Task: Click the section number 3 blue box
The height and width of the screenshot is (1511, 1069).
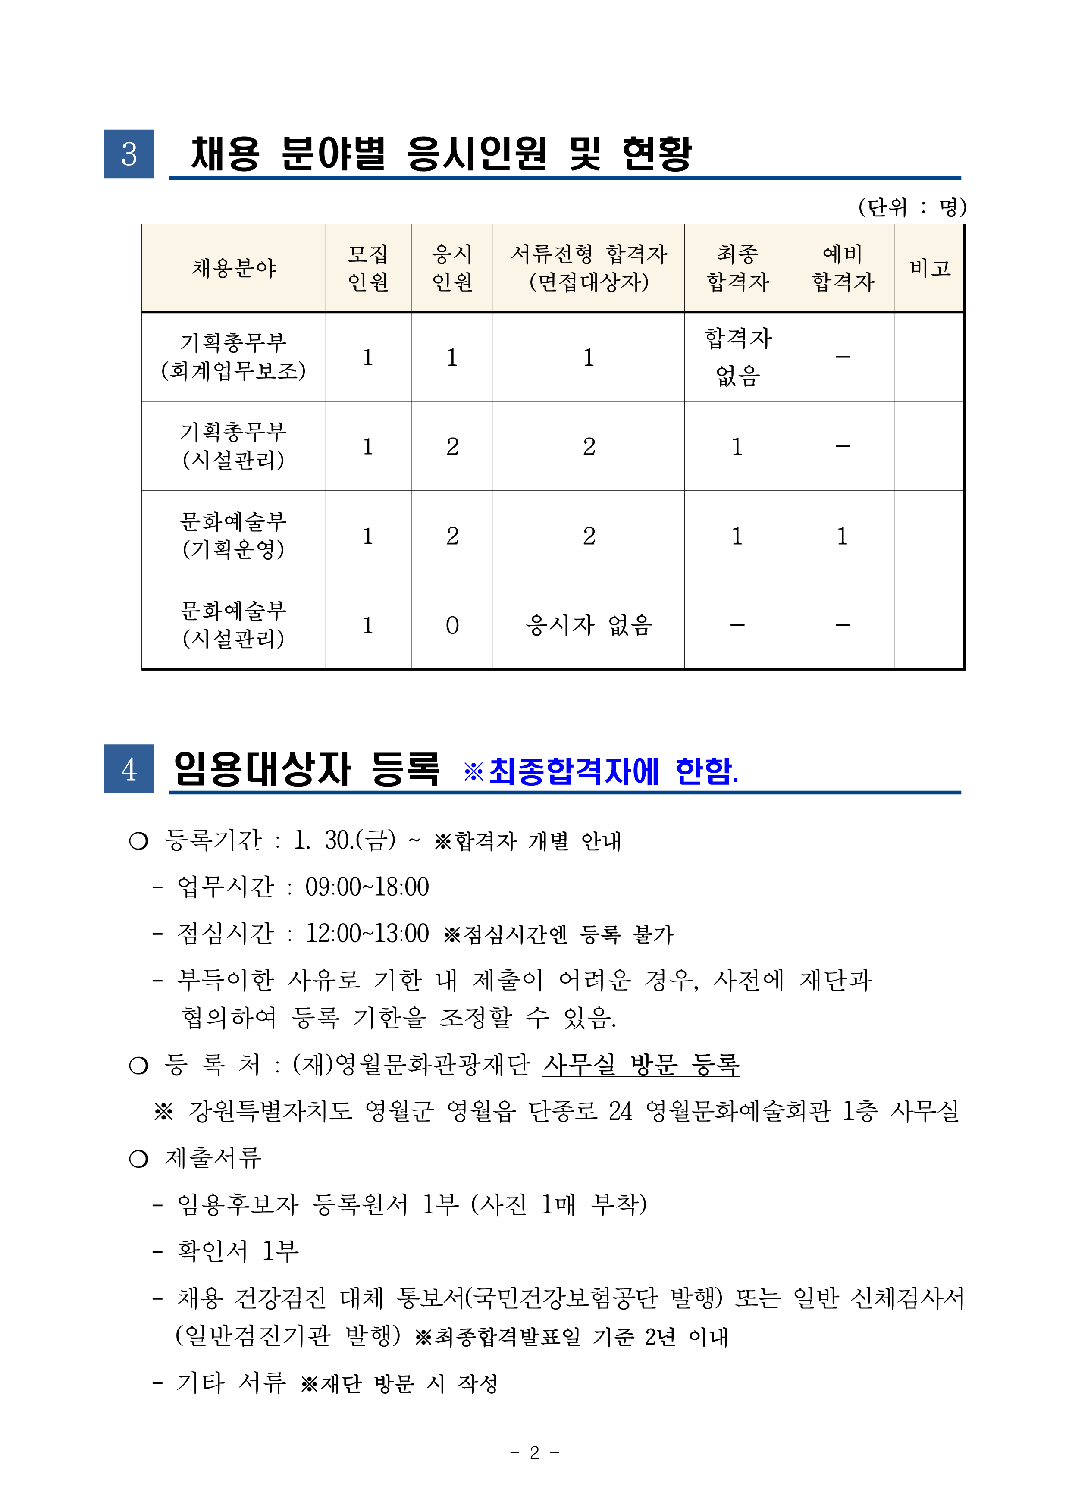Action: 129,154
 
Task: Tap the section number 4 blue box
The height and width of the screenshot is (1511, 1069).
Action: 129,769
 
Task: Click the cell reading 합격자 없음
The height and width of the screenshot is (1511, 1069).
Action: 737,357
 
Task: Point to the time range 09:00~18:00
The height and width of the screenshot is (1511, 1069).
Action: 367,887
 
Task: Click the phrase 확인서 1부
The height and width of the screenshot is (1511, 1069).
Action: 238,1251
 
